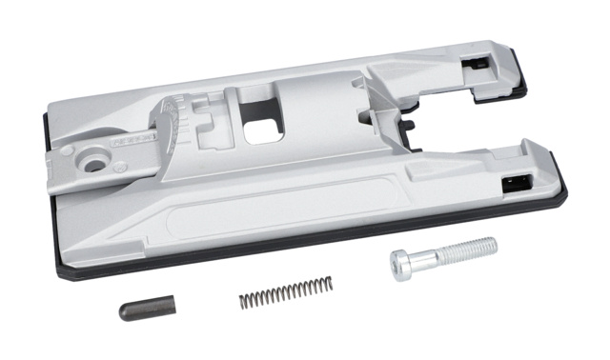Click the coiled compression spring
pyautogui.click(x=286, y=291)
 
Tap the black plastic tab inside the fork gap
pyautogui.click(x=411, y=123)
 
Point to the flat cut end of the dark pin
pyautogui.click(x=123, y=312)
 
